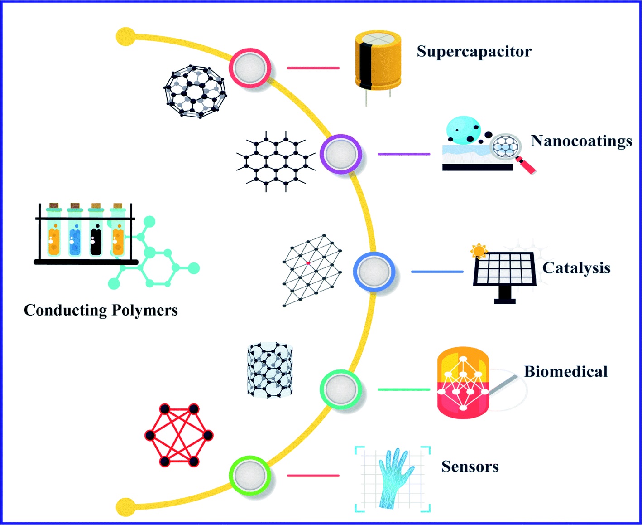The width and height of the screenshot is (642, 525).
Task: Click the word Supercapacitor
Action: (x=474, y=51)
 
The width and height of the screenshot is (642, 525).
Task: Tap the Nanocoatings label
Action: (x=581, y=141)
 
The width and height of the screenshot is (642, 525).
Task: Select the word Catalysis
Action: (x=576, y=268)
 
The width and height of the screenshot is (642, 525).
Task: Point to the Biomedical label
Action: (x=565, y=372)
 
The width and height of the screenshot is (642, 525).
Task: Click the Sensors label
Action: (x=470, y=467)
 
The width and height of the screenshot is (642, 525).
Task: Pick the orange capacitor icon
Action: (x=378, y=60)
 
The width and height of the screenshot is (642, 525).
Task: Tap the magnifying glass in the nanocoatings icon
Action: (x=509, y=150)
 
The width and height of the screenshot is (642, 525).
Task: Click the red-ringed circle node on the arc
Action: (x=250, y=68)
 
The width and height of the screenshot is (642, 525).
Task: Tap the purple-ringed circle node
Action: (x=341, y=154)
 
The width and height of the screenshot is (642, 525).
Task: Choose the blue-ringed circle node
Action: (x=374, y=272)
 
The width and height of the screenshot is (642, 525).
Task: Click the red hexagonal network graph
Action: (x=179, y=436)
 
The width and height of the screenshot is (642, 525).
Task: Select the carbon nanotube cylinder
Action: (x=270, y=370)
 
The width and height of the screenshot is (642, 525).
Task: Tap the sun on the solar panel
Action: (x=478, y=251)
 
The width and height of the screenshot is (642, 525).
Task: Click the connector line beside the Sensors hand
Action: (x=313, y=476)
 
